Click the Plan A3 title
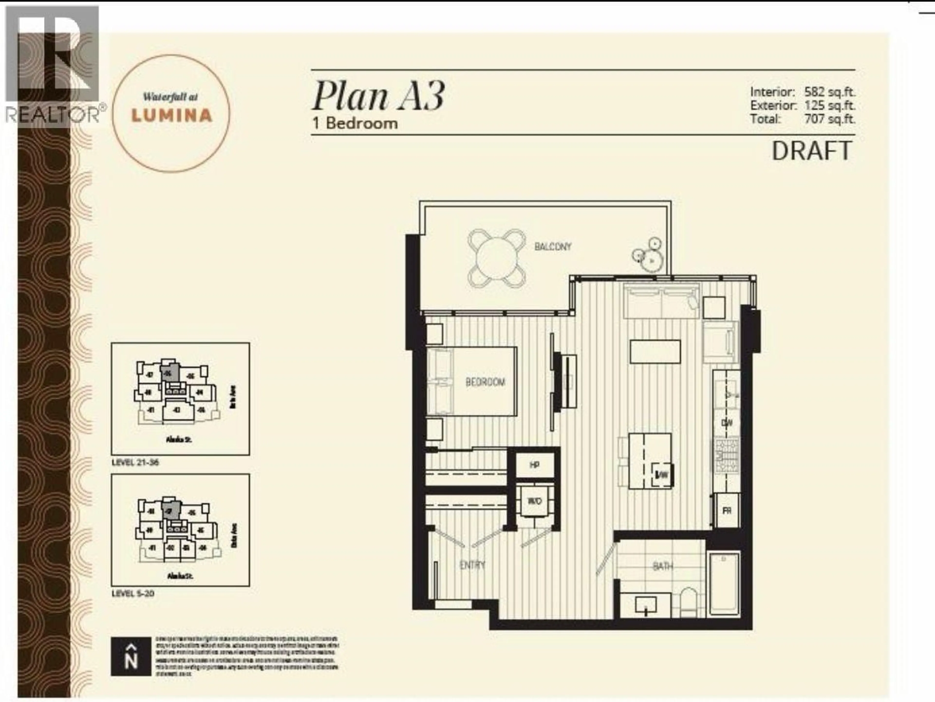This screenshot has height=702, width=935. [x=378, y=96]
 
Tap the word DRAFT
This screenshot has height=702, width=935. [x=812, y=151]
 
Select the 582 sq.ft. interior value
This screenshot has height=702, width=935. [x=829, y=92]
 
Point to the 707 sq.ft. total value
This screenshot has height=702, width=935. [x=829, y=119]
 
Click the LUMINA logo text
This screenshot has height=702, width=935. [x=172, y=115]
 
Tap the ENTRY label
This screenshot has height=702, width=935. [x=472, y=565]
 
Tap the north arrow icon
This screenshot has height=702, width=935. [x=131, y=657]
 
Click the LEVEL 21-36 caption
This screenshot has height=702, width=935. [x=135, y=462]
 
